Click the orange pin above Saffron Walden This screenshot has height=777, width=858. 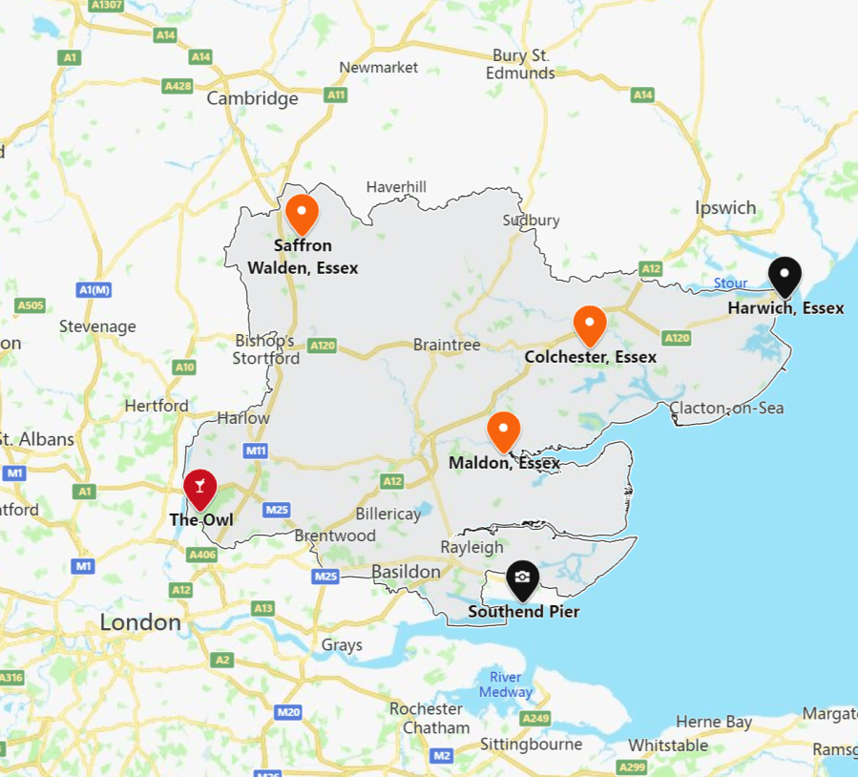(x=302, y=212)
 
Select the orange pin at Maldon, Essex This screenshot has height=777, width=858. (x=503, y=430)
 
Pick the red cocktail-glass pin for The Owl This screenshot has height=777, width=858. (x=199, y=488)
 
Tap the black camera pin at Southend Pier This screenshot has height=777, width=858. (x=522, y=577)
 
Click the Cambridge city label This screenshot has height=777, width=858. (x=253, y=98)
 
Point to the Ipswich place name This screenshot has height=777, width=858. (x=725, y=207)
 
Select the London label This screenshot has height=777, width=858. (x=140, y=622)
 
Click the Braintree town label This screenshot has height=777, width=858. (x=447, y=345)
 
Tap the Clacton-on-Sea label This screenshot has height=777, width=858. (x=726, y=408)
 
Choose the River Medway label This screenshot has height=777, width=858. (x=506, y=684)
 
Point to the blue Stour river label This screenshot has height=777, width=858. (x=731, y=283)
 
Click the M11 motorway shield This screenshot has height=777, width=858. (x=256, y=451)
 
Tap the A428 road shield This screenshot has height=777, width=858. (x=178, y=86)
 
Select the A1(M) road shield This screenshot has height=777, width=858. (x=94, y=289)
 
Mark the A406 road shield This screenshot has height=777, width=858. (x=202, y=555)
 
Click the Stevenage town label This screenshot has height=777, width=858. (x=97, y=326)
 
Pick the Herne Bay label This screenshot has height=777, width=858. (x=714, y=722)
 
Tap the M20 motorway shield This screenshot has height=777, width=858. (x=288, y=712)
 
